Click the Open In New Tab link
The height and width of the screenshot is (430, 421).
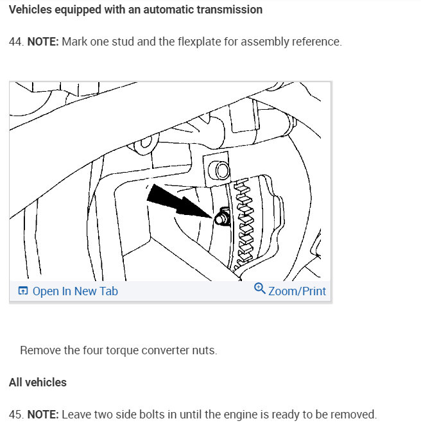[x=75, y=291]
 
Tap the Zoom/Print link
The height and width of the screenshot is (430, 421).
[x=297, y=291]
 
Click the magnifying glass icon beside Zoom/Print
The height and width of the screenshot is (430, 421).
[x=259, y=289]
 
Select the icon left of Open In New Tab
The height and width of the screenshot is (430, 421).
[x=22, y=291]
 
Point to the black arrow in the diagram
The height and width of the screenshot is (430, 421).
[x=180, y=202]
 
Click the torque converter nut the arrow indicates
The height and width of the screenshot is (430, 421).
[x=221, y=217]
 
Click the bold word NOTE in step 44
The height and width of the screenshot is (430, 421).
[x=43, y=42]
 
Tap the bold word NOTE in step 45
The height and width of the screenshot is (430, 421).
[x=43, y=415]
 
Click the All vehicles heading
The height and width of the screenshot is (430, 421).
[x=38, y=383]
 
